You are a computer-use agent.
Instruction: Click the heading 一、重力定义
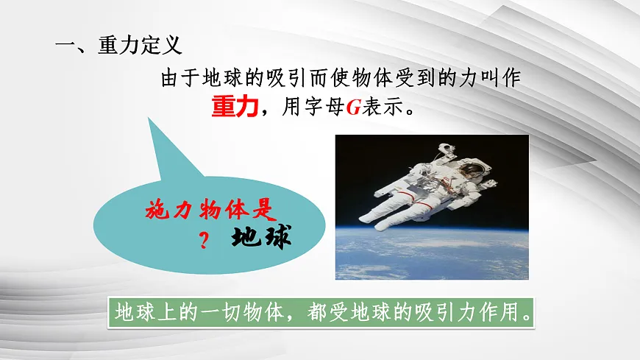pos(118,46)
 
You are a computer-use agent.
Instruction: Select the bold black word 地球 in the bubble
pos(261,237)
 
